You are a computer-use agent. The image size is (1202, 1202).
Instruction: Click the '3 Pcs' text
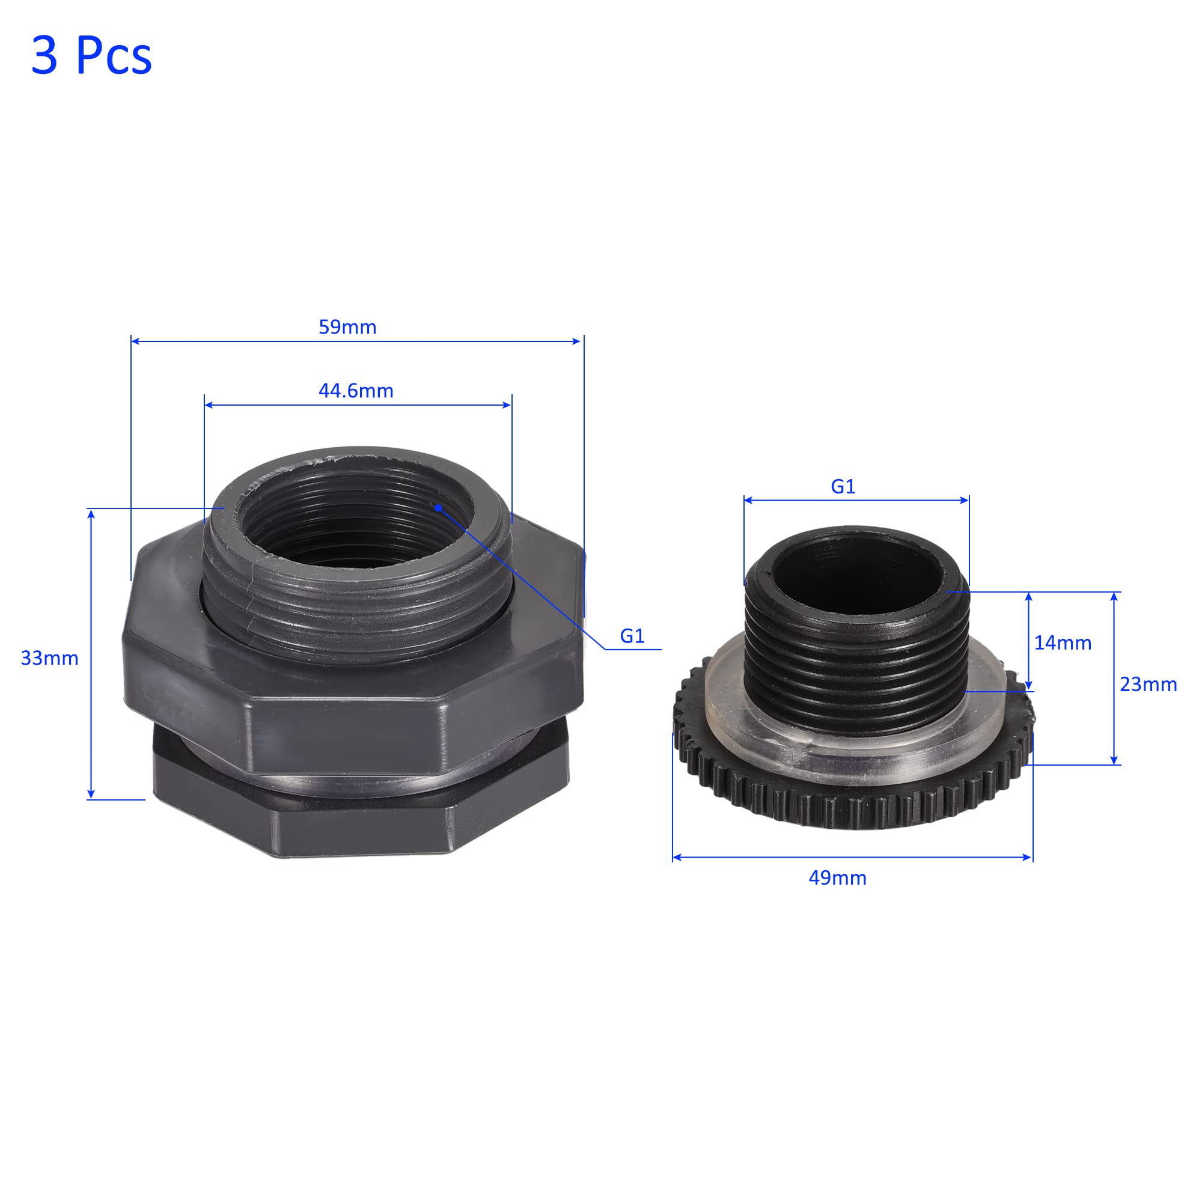(x=91, y=56)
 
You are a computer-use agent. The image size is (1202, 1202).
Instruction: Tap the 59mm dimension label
(x=347, y=328)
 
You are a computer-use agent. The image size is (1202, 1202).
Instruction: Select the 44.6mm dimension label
(x=356, y=391)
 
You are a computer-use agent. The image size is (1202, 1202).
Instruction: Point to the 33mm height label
(x=50, y=658)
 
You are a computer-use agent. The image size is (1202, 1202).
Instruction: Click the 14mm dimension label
(x=1063, y=642)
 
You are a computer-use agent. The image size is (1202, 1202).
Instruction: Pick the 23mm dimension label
(x=1149, y=685)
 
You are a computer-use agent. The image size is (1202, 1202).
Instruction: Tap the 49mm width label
(x=837, y=878)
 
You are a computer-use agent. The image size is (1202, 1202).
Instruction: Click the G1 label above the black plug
(x=843, y=487)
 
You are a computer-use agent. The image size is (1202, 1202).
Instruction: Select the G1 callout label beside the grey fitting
(x=632, y=636)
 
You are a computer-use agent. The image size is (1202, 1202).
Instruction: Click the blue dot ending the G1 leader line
(x=438, y=508)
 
